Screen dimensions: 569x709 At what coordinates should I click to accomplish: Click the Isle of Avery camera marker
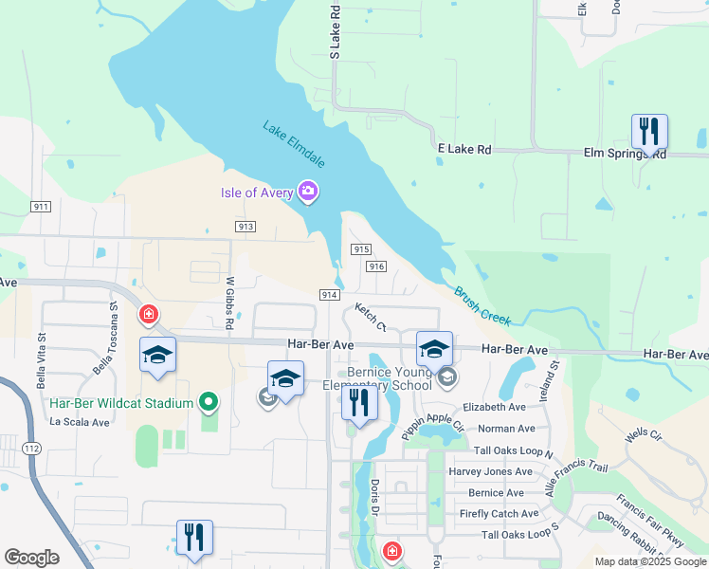307,193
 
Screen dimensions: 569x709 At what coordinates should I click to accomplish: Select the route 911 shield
41,206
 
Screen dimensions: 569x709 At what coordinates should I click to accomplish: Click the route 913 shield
245,226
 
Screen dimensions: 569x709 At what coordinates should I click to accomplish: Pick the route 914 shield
330,295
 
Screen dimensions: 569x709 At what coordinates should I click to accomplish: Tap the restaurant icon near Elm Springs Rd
649,132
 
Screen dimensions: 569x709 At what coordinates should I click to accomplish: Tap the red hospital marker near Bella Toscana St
148,314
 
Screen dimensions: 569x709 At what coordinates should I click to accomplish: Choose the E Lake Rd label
464,149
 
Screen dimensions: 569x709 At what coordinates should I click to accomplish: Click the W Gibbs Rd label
229,303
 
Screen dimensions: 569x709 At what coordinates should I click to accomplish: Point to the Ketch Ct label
371,316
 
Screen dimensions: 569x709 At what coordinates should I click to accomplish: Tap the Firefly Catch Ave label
500,513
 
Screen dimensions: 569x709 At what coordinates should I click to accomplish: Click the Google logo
32,558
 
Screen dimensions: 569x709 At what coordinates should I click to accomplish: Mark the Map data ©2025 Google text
649,561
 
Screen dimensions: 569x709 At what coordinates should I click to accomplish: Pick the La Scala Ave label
82,421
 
